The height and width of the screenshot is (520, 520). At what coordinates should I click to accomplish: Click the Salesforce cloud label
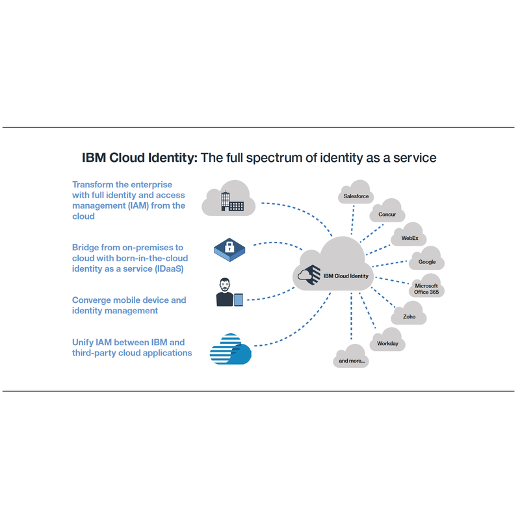[356, 196]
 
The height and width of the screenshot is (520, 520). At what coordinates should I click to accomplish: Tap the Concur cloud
[387, 211]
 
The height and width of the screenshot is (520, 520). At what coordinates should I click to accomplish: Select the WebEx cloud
[409, 235]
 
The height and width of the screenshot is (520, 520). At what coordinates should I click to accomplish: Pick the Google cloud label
[427, 262]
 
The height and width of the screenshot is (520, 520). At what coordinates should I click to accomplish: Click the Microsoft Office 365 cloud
[426, 285]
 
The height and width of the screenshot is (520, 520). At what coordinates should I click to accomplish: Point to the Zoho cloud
[409, 313]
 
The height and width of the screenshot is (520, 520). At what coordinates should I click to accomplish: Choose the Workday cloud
[387, 339]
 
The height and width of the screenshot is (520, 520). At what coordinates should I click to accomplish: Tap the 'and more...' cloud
[351, 356]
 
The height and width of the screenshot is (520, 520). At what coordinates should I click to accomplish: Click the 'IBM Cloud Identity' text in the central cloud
[346, 276]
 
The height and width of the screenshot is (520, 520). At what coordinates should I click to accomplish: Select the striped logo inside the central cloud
[309, 275]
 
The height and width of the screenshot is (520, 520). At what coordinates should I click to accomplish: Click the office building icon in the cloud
[232, 201]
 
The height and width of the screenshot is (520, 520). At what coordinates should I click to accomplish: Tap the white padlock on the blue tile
[229, 247]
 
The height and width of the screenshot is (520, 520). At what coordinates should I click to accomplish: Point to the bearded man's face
[225, 285]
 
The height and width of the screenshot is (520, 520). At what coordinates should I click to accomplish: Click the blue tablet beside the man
[239, 300]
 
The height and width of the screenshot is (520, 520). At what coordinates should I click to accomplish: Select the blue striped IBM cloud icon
[231, 349]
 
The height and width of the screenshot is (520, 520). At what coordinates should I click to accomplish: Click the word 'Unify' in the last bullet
[83, 343]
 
